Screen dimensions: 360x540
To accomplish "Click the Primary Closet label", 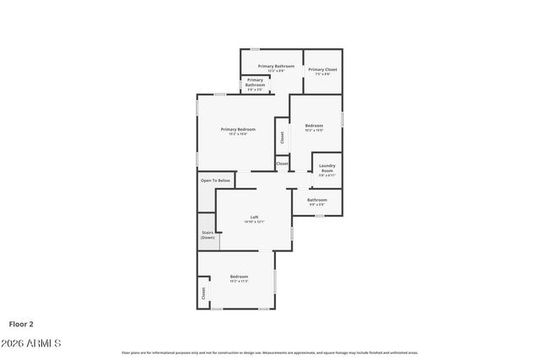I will click(x=322, y=69).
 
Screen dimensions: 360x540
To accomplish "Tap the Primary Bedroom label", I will click(x=238, y=129).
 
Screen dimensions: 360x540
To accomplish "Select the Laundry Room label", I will click(x=327, y=168).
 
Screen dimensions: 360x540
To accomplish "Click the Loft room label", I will click(x=254, y=217).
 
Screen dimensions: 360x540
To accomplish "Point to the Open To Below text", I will click(x=214, y=180).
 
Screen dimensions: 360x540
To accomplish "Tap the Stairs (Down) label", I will click(x=208, y=235).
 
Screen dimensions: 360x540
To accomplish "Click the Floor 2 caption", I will click(x=22, y=323).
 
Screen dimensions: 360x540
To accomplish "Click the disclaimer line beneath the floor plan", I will click(x=270, y=352).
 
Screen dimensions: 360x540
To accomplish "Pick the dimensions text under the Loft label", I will click(x=254, y=222).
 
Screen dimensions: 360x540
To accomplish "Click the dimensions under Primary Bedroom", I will click(x=238, y=134).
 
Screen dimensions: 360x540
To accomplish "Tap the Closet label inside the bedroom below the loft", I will click(x=203, y=293).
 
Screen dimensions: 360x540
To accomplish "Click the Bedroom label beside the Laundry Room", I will click(x=314, y=126).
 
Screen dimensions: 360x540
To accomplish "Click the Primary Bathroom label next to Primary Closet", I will click(x=276, y=66).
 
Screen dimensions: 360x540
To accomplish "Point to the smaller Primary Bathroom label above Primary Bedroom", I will click(x=255, y=82).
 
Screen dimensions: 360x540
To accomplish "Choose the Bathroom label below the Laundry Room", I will click(x=317, y=199).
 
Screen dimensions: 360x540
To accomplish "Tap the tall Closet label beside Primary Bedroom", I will click(x=282, y=137).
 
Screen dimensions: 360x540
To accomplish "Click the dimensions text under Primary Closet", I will click(x=322, y=74).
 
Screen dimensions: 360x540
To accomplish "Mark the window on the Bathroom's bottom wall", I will click(x=319, y=216).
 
